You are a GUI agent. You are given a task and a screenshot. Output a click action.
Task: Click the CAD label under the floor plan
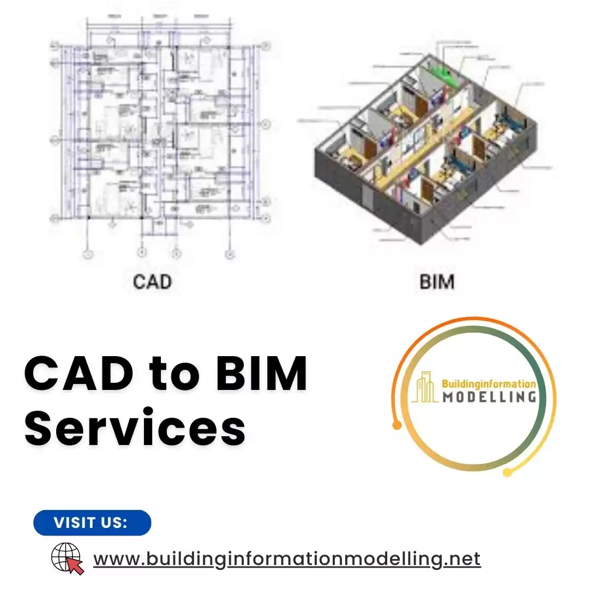coord(152,282)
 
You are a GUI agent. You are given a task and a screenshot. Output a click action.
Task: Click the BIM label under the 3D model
coord(437,282)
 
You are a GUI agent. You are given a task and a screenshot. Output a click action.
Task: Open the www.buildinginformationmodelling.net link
coord(287,559)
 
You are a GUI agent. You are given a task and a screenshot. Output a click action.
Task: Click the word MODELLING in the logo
coord(489,396)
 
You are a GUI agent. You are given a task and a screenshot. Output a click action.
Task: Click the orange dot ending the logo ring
coord(397,425)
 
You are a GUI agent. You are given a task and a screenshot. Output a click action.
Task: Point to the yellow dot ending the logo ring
coord(507,472)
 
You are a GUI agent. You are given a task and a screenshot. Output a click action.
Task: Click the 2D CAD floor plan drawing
coord(158,136)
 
